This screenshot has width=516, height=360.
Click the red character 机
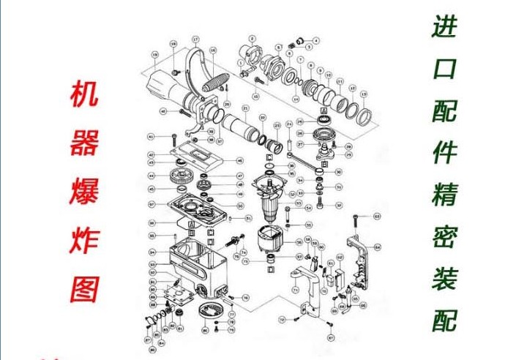pos(84,94)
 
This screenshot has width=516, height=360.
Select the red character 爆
pos(84,192)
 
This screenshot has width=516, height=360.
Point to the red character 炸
pos(84,241)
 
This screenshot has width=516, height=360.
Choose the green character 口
pos(446,70)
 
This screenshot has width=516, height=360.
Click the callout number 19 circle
pos(155,54)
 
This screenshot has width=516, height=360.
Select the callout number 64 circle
pos(378,247)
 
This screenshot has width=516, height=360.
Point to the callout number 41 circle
pos(151,137)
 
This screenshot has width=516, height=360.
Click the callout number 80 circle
pos(152,236)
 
